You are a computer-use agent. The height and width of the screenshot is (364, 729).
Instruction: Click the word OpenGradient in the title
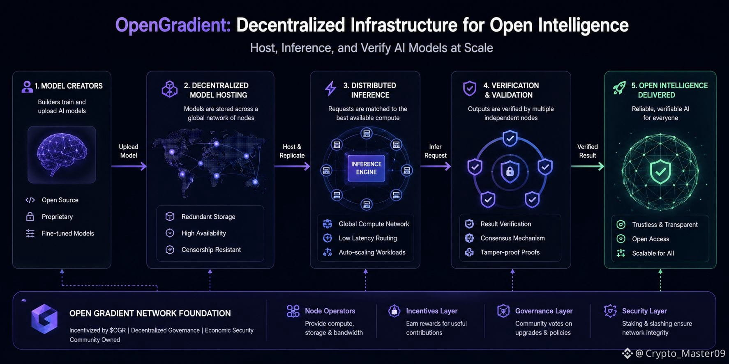[x=173, y=25]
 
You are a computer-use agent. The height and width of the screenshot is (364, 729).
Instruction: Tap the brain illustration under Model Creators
[x=62, y=154]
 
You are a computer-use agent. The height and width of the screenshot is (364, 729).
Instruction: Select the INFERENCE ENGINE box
[x=366, y=168]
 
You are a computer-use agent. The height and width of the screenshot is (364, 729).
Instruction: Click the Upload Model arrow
[x=129, y=166]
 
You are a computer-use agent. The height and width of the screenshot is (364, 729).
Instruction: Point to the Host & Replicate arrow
[x=292, y=166]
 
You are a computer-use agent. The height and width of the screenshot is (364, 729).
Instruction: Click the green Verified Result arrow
[x=588, y=166]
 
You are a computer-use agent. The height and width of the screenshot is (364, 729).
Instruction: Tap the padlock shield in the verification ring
[x=510, y=171]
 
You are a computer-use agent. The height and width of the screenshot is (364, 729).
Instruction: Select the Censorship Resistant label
[x=211, y=250]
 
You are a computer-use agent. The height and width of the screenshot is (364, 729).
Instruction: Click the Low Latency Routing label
[x=368, y=238]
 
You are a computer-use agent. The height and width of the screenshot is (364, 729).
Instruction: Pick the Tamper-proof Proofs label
[x=510, y=252]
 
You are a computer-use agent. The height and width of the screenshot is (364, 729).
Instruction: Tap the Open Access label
[x=651, y=239]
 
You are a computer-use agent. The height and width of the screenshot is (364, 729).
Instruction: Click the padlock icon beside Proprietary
[x=30, y=216]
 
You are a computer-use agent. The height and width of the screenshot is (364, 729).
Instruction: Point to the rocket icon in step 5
[x=619, y=88]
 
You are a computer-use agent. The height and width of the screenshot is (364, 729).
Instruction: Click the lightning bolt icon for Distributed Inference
[x=331, y=88]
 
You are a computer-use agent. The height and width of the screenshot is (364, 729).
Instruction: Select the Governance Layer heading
[x=544, y=311]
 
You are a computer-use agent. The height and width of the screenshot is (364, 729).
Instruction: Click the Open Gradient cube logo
[x=44, y=319]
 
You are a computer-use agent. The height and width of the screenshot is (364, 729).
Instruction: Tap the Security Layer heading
[x=644, y=311]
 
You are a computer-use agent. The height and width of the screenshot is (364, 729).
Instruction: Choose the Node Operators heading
[x=330, y=311]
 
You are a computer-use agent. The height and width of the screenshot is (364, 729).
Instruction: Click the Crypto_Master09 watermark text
[x=685, y=353]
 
